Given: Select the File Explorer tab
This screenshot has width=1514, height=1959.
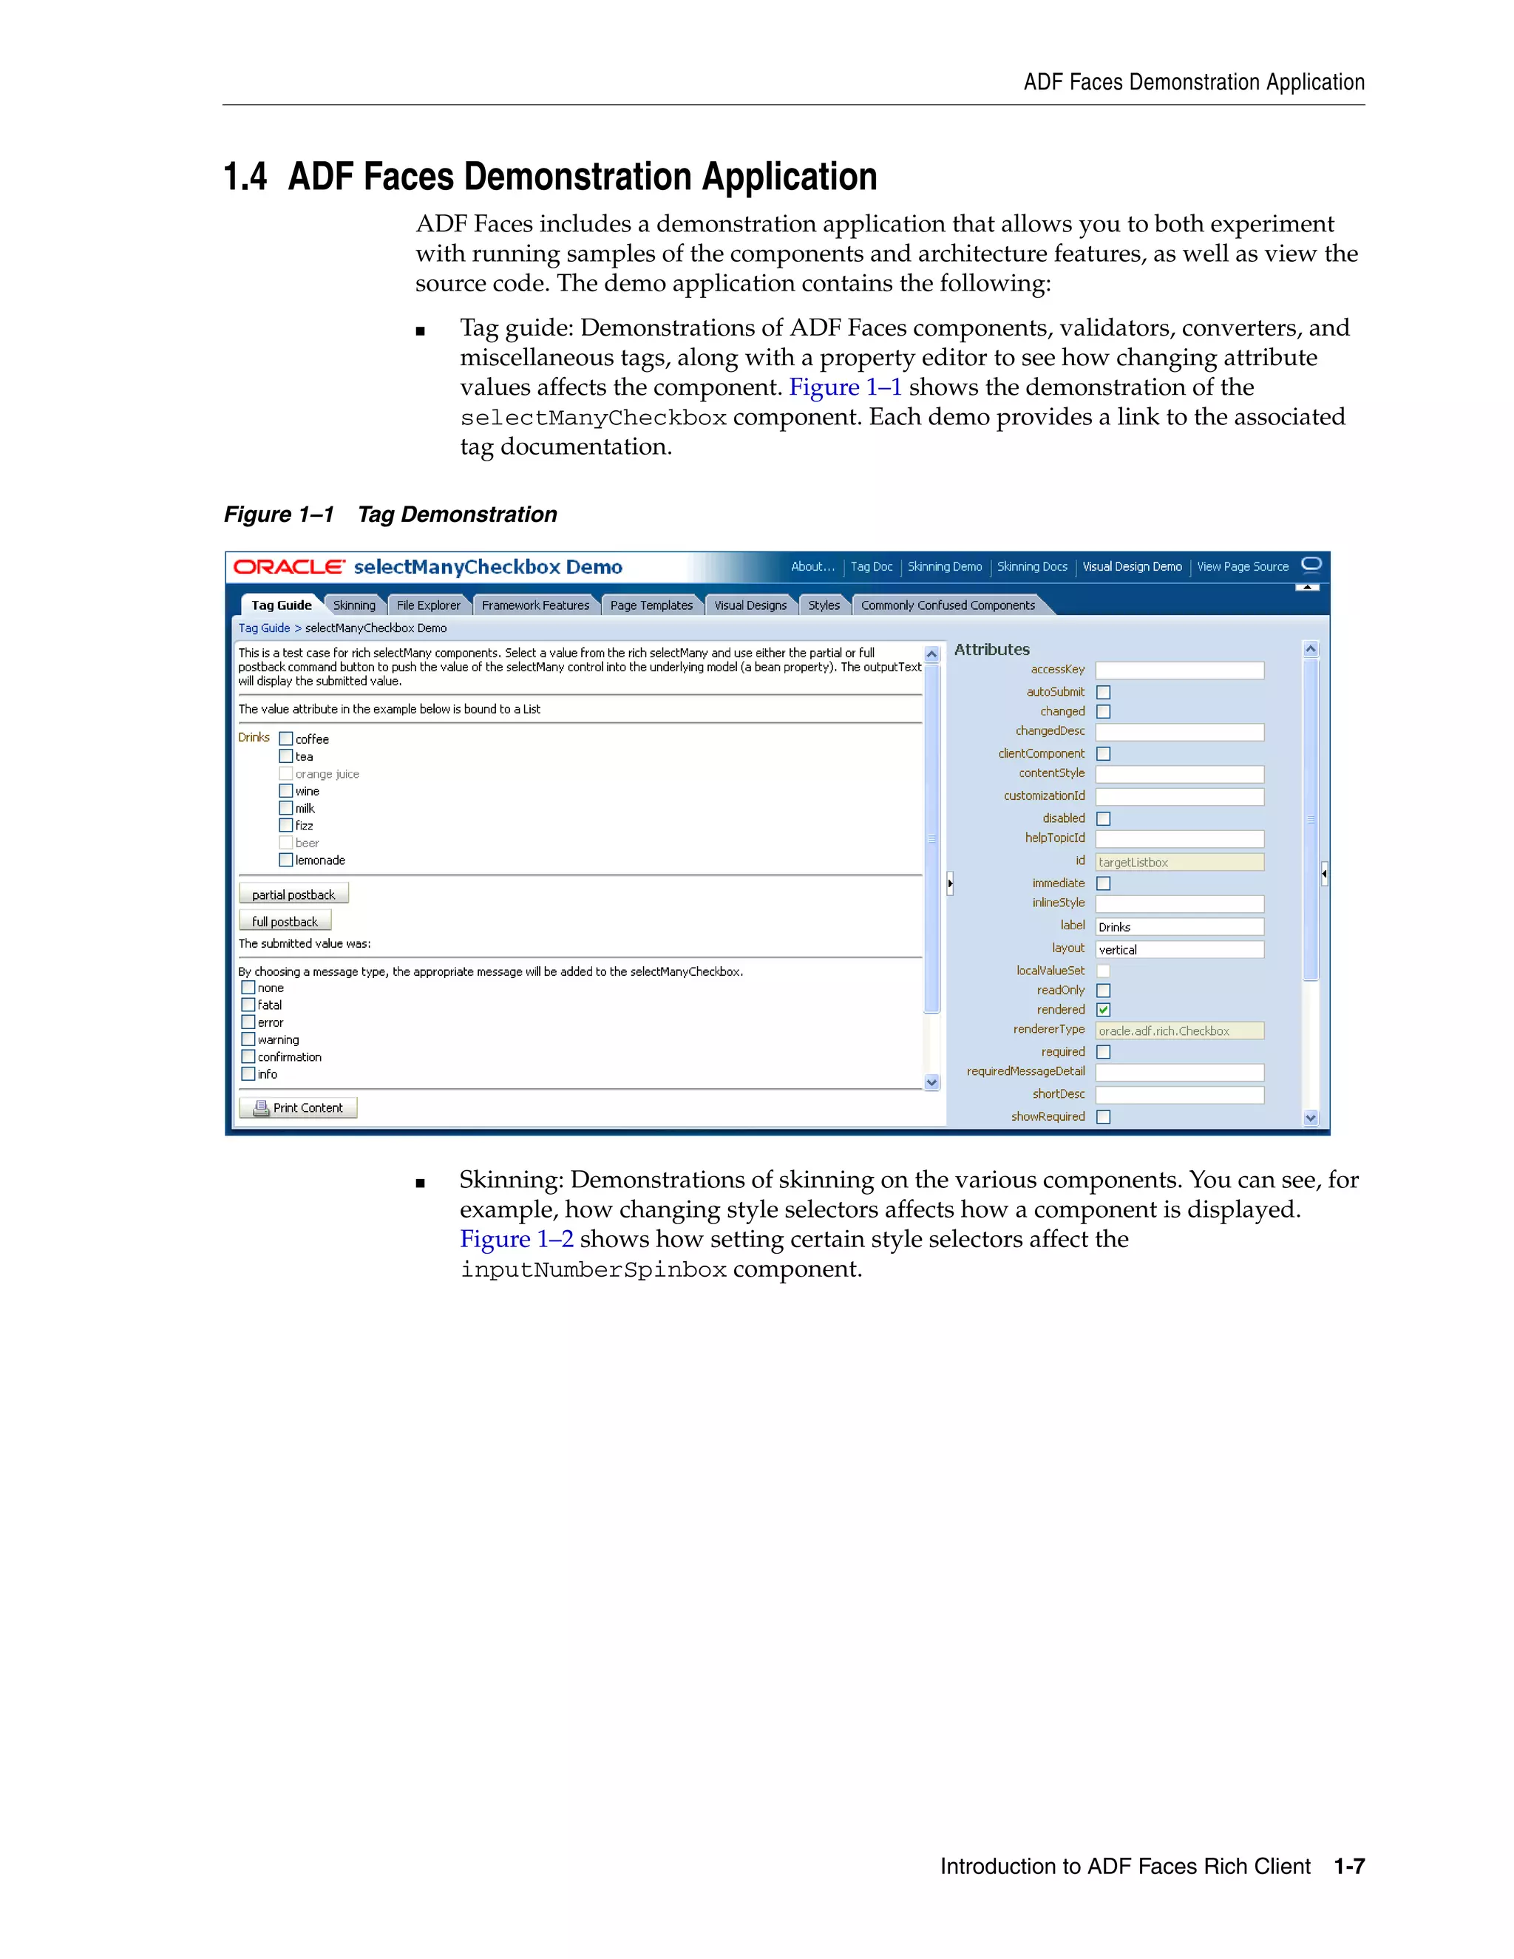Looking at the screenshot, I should [428, 605].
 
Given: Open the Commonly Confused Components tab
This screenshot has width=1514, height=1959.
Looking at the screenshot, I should [947, 605].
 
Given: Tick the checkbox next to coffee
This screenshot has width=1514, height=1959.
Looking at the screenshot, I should [286, 739].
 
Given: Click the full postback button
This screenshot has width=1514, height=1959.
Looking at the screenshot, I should [285, 921].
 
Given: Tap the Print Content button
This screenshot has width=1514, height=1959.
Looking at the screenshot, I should [299, 1108].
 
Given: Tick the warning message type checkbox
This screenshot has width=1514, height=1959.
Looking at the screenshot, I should [248, 1039].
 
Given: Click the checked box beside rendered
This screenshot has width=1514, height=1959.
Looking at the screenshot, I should [1103, 1010].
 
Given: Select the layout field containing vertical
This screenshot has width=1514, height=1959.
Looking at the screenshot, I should [1179, 950].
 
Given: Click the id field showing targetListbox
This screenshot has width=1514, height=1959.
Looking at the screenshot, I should [1179, 862].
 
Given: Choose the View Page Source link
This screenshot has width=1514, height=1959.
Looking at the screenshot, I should [1242, 567].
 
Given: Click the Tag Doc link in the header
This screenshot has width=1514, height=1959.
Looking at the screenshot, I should [871, 567].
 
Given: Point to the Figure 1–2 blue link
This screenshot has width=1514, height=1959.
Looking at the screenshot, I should [517, 1239].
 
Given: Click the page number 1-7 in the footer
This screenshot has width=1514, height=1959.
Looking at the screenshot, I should [1349, 1867].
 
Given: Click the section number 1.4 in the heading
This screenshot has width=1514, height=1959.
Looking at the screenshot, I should [245, 177].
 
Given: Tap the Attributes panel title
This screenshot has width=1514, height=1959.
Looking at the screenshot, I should [992, 649].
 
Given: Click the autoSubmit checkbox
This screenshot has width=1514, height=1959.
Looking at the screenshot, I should [1103, 693].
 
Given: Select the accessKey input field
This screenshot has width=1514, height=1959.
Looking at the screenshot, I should [1179, 670].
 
